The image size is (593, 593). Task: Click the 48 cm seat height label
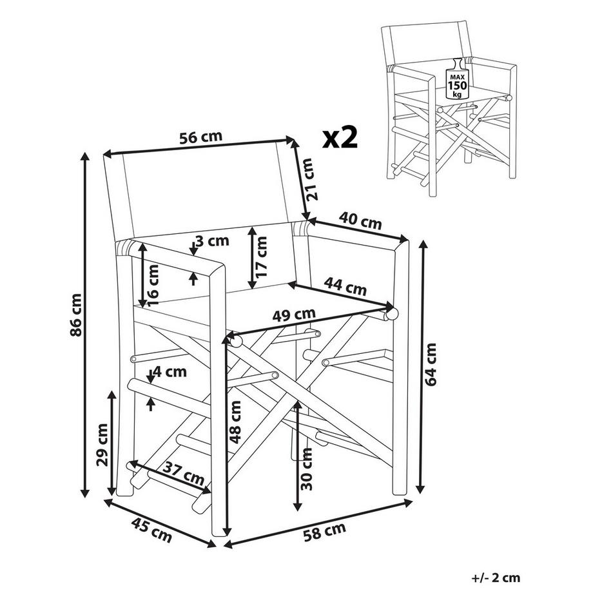pos(236,423)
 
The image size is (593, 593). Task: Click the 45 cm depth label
pos(150,530)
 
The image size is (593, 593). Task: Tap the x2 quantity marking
pos(340,137)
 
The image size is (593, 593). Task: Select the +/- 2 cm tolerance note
pos(496,578)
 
